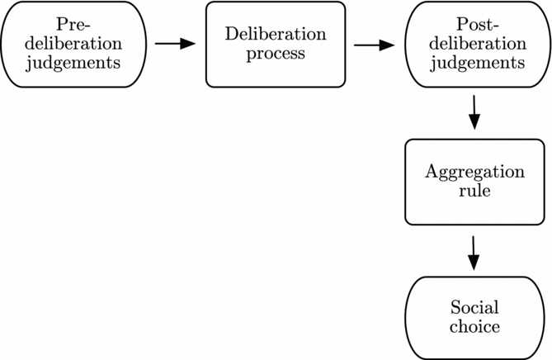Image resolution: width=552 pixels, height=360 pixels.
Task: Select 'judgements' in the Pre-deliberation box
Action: point(74,63)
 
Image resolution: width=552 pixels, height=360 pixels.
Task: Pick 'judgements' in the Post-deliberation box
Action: point(476,63)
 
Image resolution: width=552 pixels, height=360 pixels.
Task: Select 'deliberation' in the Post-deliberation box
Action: point(476,44)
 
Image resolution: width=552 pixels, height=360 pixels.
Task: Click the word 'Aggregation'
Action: point(474,172)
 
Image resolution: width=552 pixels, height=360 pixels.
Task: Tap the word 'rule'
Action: point(474,191)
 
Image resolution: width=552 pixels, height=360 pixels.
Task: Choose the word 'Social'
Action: point(474,308)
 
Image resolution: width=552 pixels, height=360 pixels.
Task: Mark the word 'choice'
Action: point(474,327)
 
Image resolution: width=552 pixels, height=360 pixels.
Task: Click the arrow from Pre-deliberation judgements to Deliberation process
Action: point(175,44)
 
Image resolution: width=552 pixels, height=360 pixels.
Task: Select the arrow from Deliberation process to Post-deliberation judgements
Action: point(374,44)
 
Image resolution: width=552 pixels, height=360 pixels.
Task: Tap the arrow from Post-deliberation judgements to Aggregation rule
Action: point(474,111)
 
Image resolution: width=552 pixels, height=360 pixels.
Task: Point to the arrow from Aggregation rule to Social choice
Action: point(474,252)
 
